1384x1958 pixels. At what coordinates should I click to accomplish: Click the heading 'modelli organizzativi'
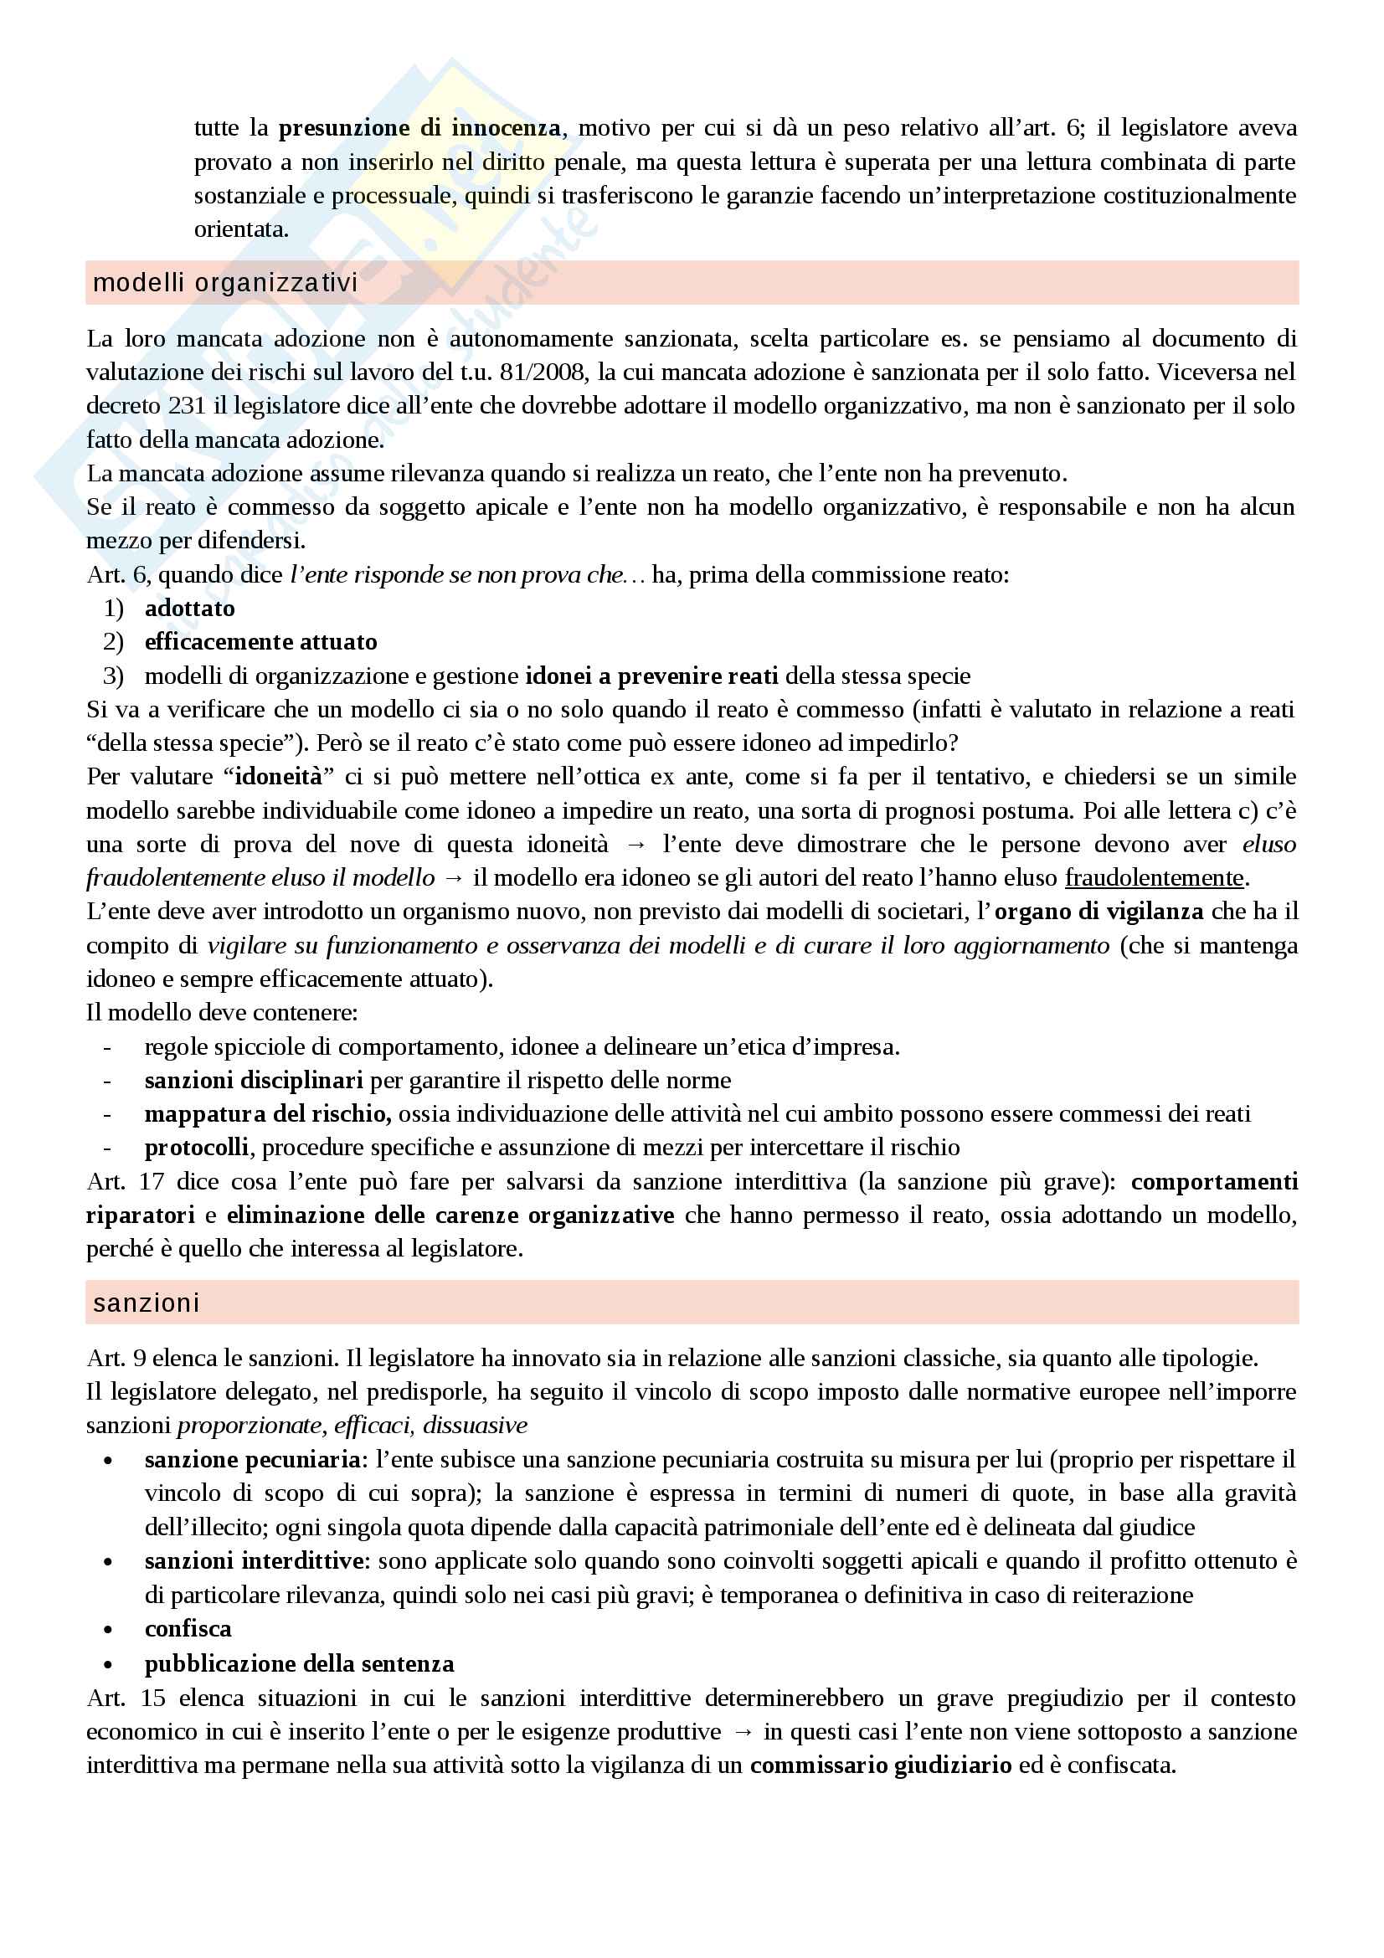(x=225, y=282)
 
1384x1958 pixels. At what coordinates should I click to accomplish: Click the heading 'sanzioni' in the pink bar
(x=147, y=1303)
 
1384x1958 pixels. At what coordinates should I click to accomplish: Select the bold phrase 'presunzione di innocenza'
(x=419, y=128)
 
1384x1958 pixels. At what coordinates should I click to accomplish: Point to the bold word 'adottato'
(x=189, y=608)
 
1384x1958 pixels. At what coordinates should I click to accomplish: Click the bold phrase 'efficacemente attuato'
(x=261, y=641)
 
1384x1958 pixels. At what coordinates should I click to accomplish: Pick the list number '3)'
(x=113, y=676)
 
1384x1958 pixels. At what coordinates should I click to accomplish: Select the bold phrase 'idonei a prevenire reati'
(x=651, y=676)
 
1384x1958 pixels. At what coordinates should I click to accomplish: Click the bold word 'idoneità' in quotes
(x=279, y=776)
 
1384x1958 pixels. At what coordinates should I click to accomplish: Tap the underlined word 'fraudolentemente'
(x=1155, y=877)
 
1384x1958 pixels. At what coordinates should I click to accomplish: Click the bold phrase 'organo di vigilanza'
(x=1099, y=911)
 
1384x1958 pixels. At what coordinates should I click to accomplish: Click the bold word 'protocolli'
(x=197, y=1147)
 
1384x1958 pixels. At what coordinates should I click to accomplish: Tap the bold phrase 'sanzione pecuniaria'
(x=252, y=1459)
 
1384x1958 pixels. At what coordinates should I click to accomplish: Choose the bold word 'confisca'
(x=188, y=1628)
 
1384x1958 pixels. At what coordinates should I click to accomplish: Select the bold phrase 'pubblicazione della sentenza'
(x=299, y=1663)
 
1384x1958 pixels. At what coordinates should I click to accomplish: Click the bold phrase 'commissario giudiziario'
(x=881, y=1765)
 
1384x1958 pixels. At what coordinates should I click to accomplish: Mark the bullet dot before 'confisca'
(x=107, y=1630)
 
